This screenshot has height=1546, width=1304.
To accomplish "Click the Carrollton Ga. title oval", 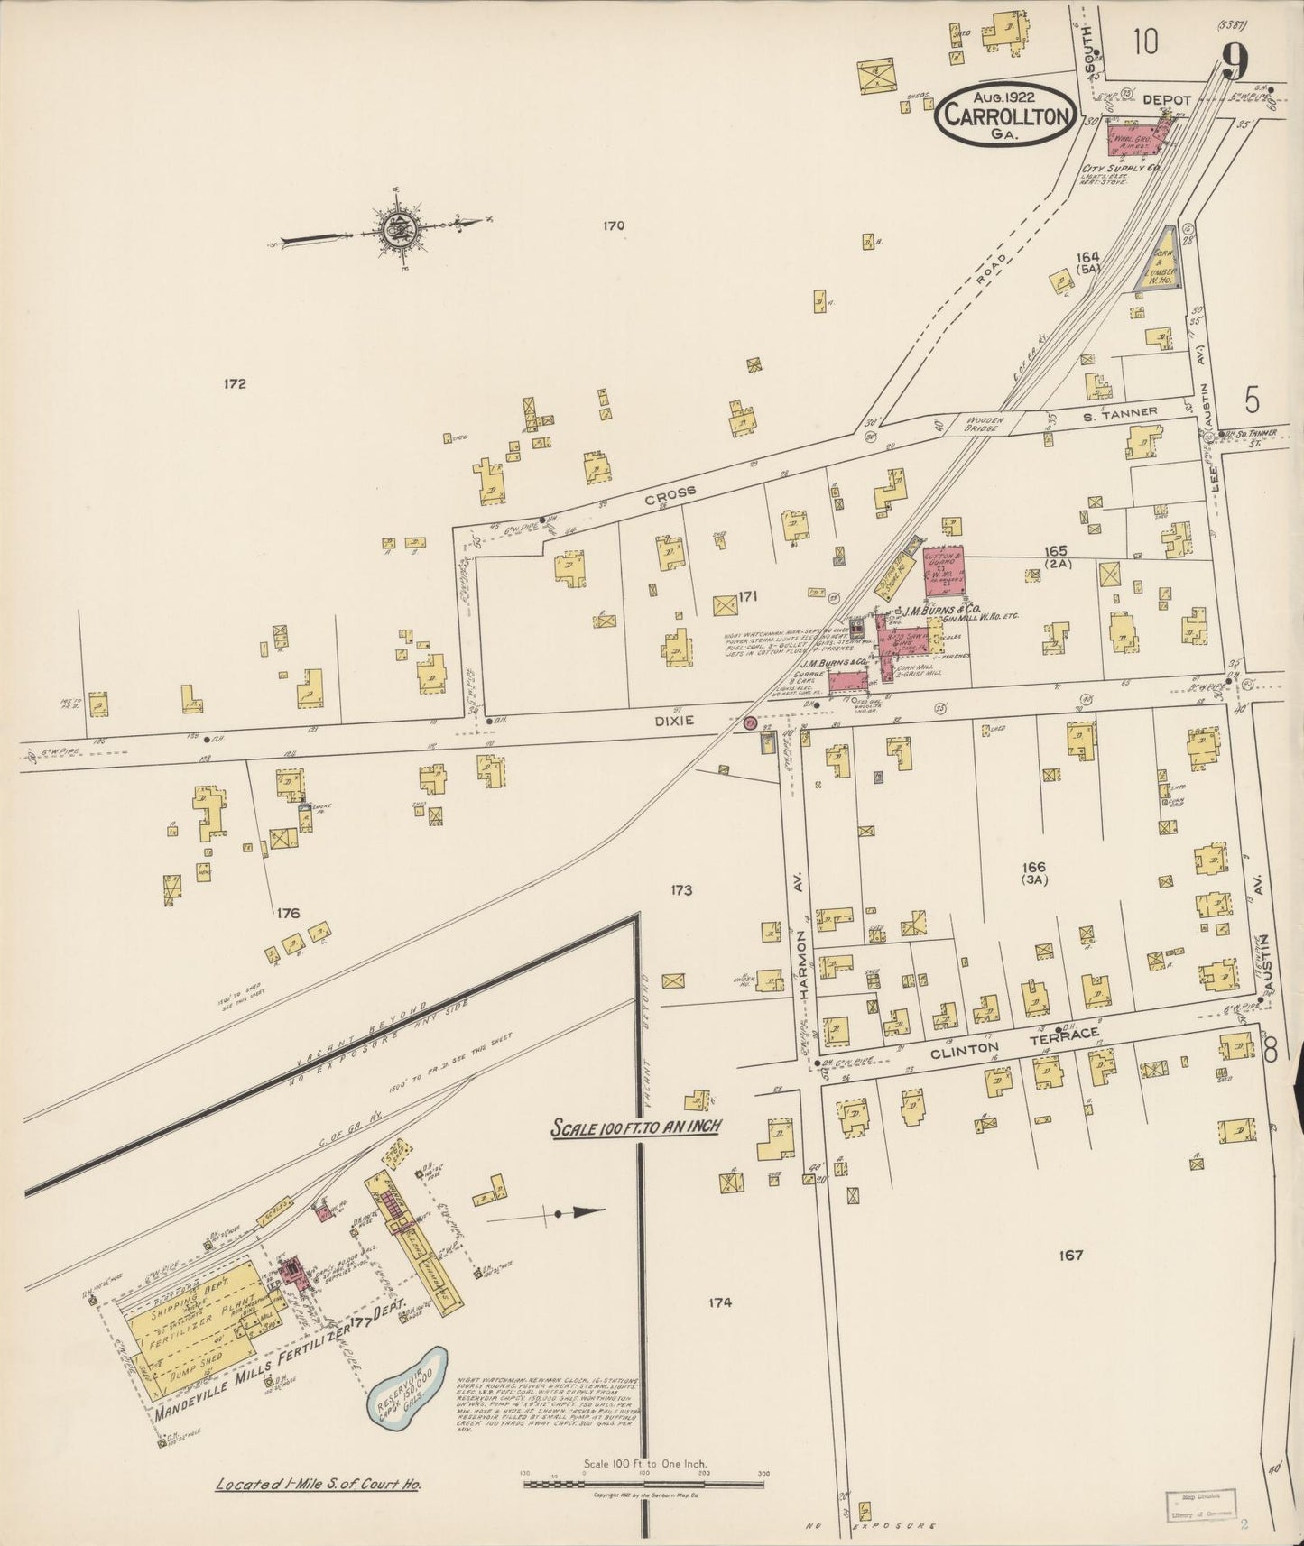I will point(1005,113).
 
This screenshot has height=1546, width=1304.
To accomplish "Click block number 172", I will point(235,383).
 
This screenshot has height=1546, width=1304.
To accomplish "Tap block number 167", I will point(1071,1255).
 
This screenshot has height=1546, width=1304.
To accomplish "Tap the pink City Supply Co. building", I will point(1137,143).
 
